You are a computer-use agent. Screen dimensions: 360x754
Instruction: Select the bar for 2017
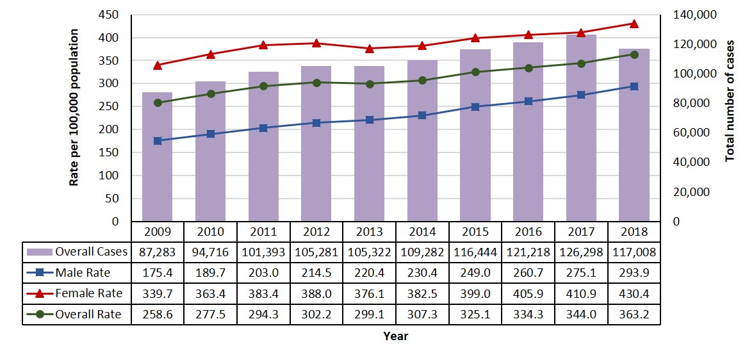581,128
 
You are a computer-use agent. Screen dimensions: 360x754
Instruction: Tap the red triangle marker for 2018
634,24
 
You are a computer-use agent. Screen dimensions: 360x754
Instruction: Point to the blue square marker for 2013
370,120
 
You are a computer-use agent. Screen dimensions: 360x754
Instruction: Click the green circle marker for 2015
475,72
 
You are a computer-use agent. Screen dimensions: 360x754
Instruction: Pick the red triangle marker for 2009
157,65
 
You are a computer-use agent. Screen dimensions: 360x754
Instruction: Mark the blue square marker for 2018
634,86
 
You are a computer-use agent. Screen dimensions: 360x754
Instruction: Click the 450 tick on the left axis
110,15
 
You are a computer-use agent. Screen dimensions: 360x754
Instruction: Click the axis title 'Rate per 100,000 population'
74,108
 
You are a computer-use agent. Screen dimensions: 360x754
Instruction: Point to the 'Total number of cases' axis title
730,101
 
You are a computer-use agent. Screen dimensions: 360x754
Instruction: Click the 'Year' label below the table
395,336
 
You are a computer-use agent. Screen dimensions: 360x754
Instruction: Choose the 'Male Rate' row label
83,273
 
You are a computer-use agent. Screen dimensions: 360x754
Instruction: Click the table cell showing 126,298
581,252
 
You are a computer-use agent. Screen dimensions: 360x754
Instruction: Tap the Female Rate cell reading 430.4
634,294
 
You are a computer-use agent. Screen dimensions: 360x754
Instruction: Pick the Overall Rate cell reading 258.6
157,315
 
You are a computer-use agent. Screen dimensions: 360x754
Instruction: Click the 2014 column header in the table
422,231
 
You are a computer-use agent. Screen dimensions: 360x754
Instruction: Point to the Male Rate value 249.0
475,273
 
